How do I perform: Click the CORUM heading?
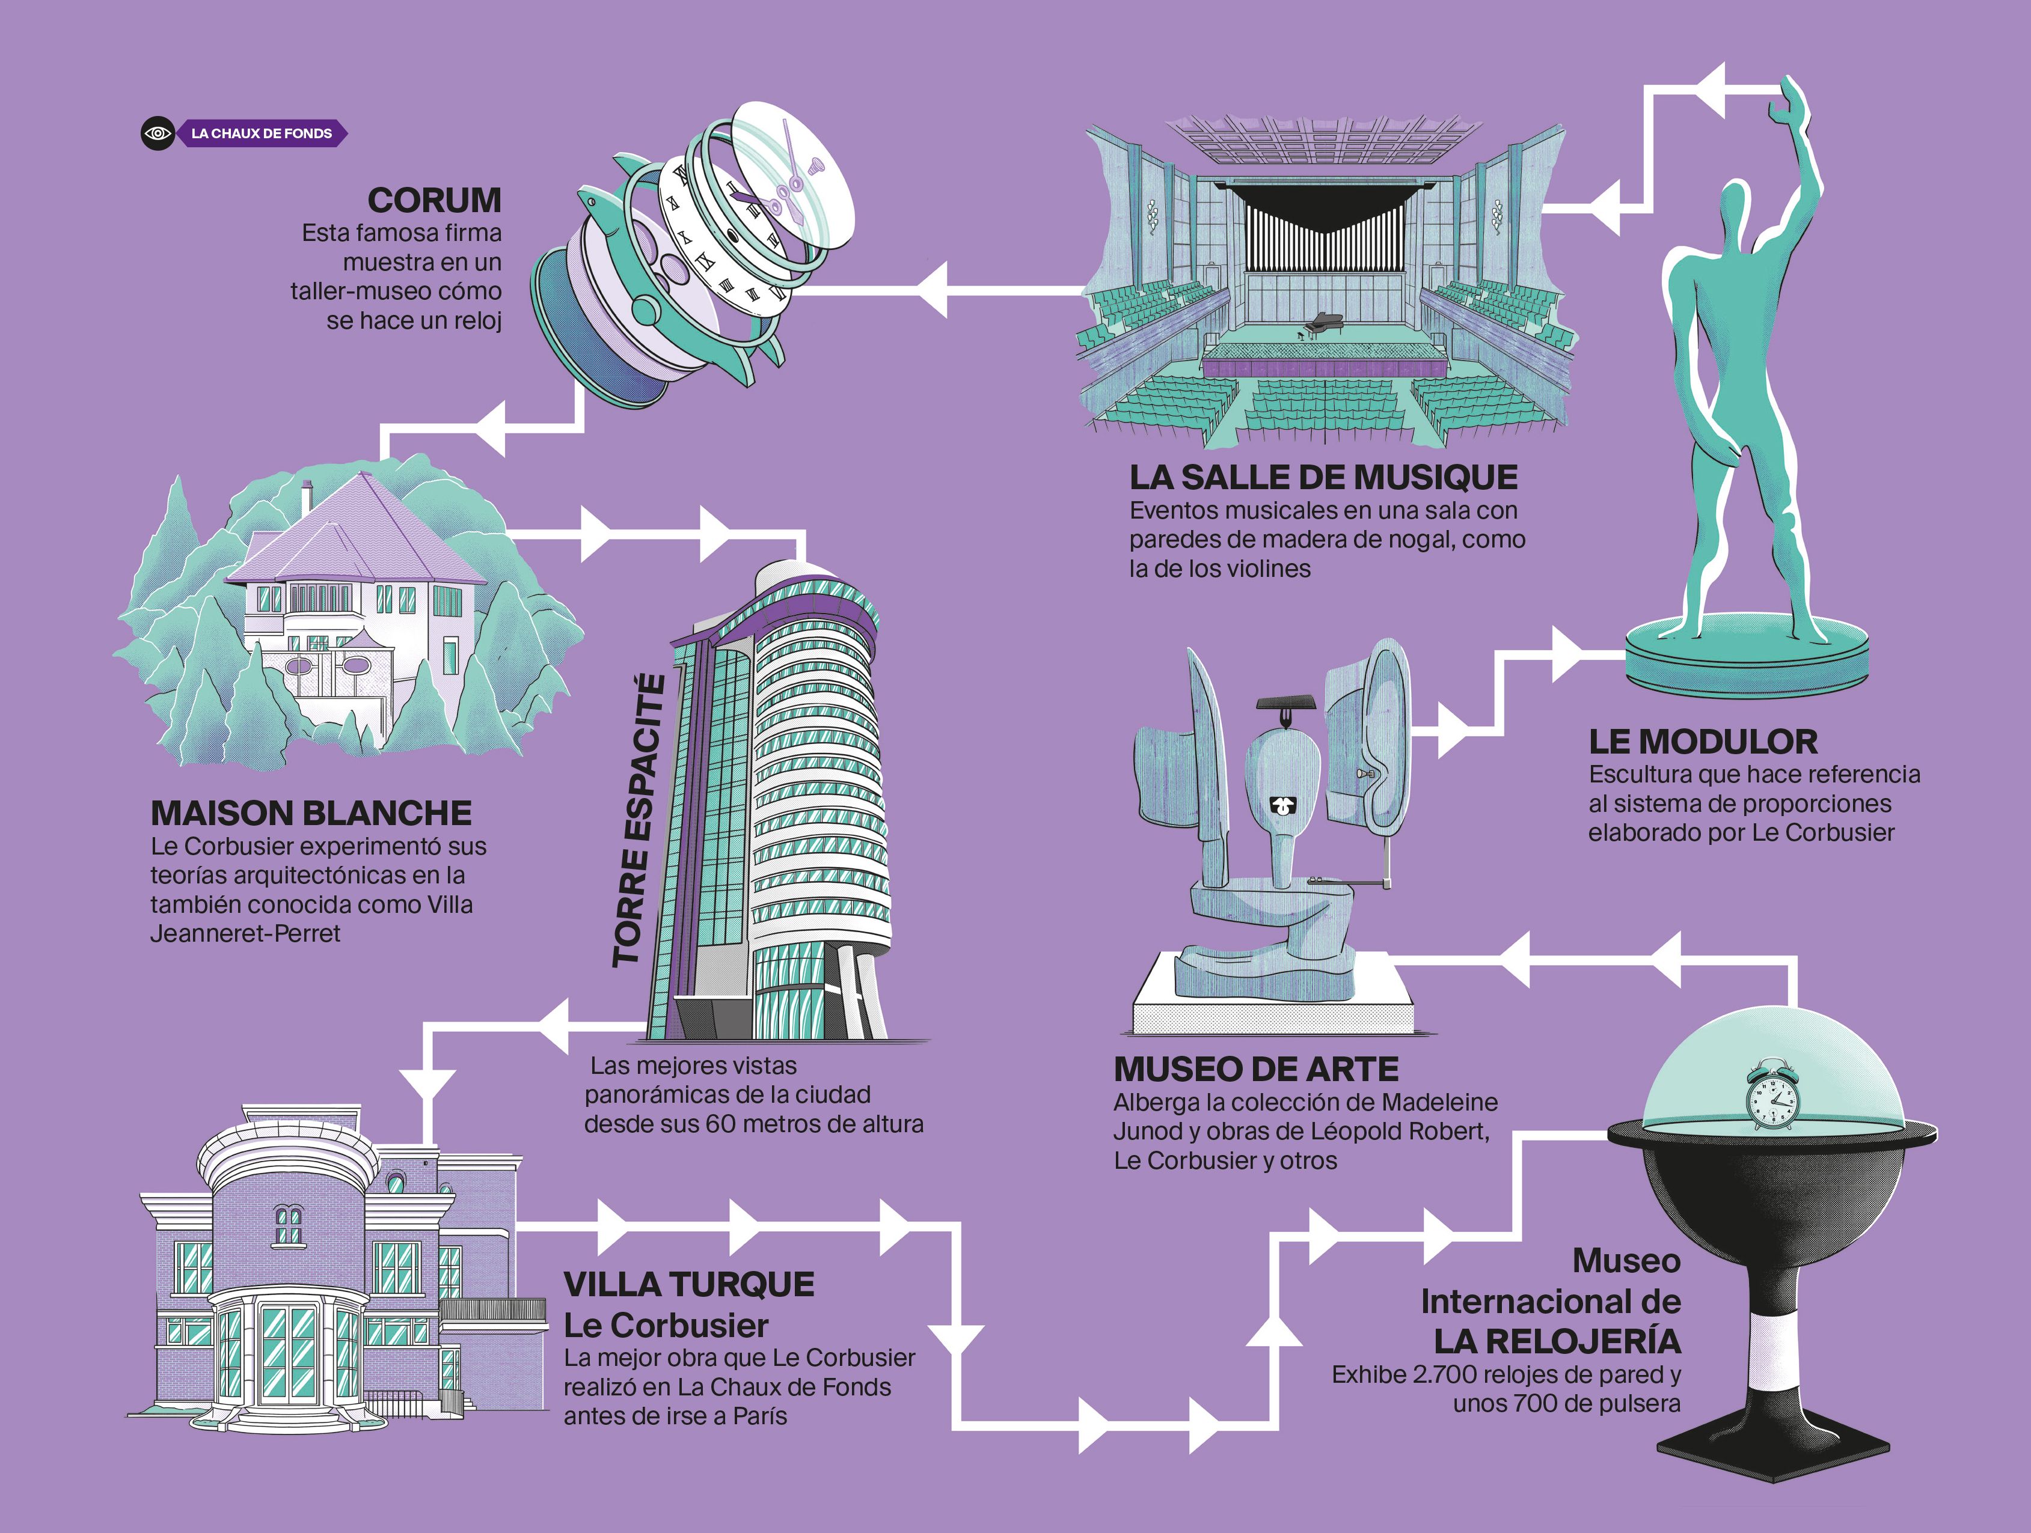tap(433, 200)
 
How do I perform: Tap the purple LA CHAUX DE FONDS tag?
tap(262, 133)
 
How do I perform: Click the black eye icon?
tap(158, 133)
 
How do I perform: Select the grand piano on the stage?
tap(1322, 324)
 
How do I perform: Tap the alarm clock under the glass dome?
tap(1770, 1096)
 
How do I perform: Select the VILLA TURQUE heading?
tap(688, 1284)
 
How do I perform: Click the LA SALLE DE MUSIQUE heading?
tap(1323, 477)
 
